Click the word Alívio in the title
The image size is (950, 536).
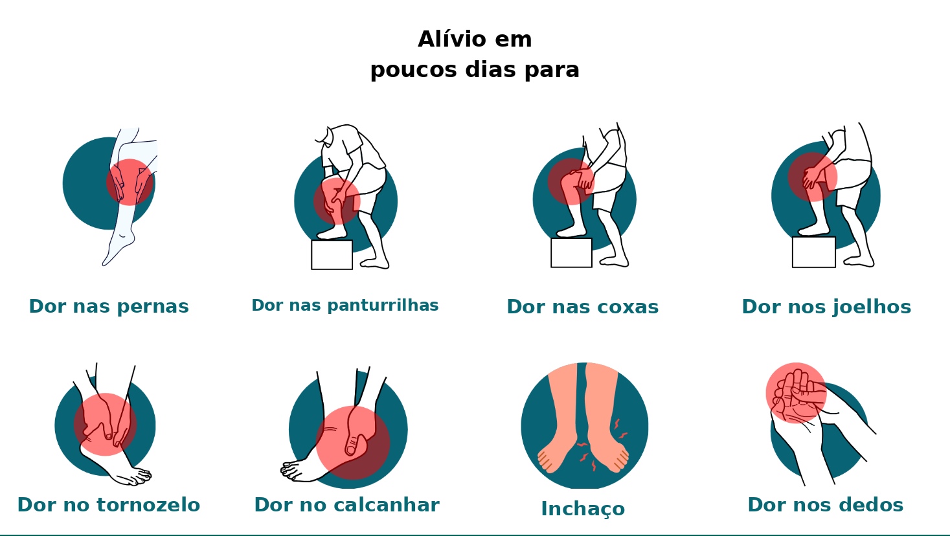click(x=451, y=39)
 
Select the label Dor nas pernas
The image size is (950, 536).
click(x=109, y=307)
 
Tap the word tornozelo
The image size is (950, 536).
click(x=148, y=505)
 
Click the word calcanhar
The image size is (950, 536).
click(x=387, y=505)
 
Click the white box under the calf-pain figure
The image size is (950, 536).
click(x=332, y=254)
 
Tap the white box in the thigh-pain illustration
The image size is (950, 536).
click(x=571, y=252)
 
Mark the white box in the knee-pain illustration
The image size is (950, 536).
click(x=814, y=252)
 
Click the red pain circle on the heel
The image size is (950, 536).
click(x=353, y=443)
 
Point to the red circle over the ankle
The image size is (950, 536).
click(x=105, y=425)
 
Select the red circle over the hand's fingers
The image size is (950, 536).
click(x=796, y=393)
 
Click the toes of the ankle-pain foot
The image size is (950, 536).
click(x=138, y=476)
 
